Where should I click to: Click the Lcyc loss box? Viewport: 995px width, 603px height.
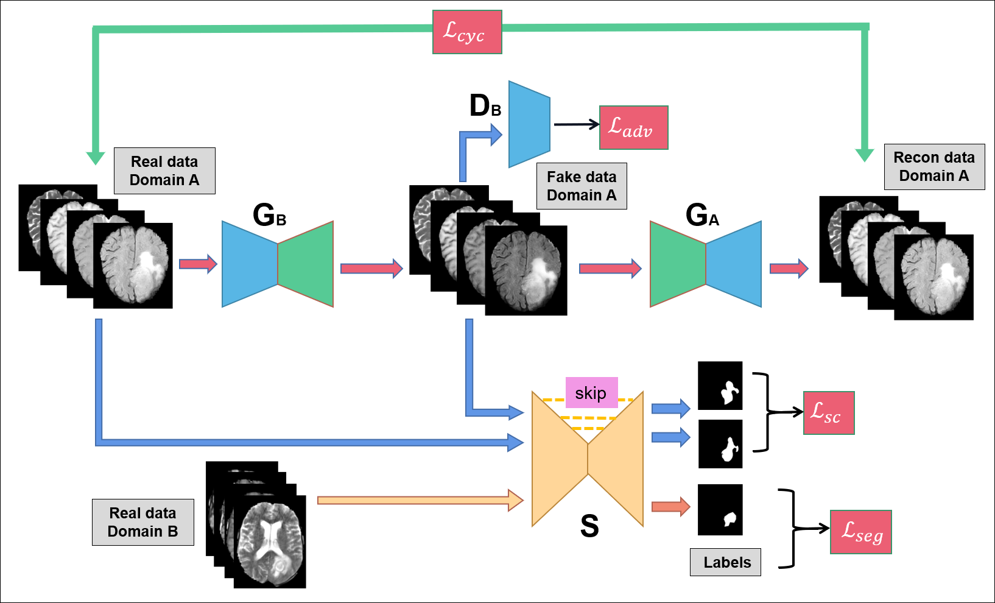click(x=467, y=32)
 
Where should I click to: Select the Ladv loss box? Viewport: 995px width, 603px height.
click(x=633, y=127)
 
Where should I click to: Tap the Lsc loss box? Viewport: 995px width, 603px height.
click(x=829, y=412)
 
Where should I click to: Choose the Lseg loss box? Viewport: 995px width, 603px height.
click(x=860, y=532)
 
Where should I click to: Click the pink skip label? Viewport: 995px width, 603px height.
click(x=591, y=393)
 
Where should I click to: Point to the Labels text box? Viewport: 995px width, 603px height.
click(x=725, y=562)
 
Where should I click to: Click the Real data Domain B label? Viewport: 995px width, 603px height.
click(x=143, y=522)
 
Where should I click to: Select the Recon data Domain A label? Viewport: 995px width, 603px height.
click(x=933, y=167)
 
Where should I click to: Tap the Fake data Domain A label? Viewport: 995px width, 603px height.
click(x=582, y=186)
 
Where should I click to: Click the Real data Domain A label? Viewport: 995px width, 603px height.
click(x=164, y=171)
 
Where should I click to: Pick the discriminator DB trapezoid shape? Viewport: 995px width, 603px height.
click(x=529, y=124)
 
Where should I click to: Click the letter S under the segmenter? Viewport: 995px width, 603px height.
click(x=589, y=526)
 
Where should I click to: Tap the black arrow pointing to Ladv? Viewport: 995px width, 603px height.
click(x=576, y=124)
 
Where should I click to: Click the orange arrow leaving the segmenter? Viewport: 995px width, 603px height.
click(x=670, y=506)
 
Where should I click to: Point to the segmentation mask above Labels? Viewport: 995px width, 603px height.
click(x=720, y=509)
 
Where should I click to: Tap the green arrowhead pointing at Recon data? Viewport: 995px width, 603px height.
click(x=865, y=155)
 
